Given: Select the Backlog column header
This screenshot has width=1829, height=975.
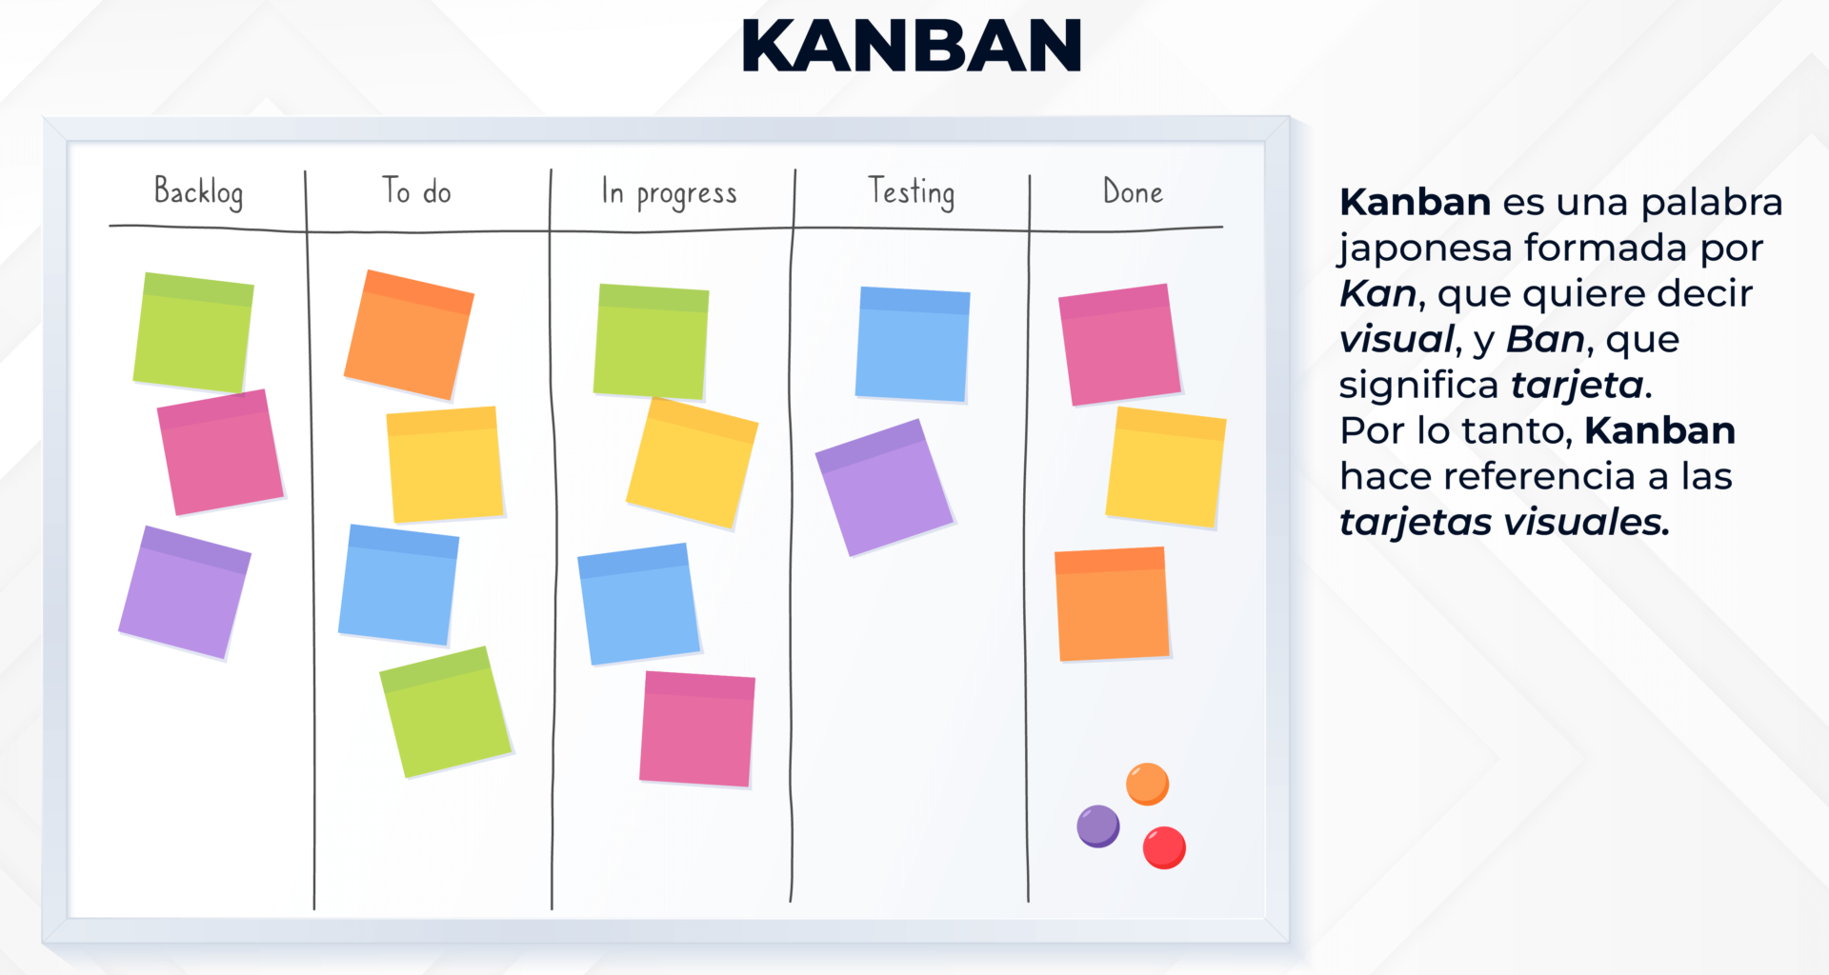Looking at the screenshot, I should (x=198, y=192).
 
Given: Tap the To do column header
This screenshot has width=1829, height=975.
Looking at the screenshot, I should (x=416, y=191).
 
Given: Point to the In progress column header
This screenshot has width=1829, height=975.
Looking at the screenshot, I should (x=669, y=193).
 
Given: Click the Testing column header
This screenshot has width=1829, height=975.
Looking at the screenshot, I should (x=911, y=192).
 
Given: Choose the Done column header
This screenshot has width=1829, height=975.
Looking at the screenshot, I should (x=1133, y=192).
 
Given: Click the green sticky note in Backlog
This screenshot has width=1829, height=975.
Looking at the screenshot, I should (x=193, y=332).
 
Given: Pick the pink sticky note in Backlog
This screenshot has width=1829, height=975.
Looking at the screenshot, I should (x=220, y=452).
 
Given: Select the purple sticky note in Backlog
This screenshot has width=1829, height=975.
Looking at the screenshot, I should (x=184, y=591).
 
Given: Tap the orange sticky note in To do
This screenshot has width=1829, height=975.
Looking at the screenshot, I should (x=409, y=334).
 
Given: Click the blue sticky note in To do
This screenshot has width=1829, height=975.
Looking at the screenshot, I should (x=398, y=584).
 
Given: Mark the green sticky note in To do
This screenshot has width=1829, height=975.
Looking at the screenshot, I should (x=445, y=711).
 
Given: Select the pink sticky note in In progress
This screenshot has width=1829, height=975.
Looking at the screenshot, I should (x=697, y=729).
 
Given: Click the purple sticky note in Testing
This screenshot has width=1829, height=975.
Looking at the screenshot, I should (x=884, y=487).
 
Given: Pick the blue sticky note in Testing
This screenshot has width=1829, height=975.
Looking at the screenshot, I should (x=912, y=344).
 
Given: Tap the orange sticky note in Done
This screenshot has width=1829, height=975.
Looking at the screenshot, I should (x=1112, y=604).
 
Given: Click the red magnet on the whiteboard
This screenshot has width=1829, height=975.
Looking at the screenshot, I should (x=1164, y=847).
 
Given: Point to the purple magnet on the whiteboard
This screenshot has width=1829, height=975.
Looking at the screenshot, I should (x=1098, y=826).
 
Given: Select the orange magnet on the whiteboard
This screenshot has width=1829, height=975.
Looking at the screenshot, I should (x=1147, y=784).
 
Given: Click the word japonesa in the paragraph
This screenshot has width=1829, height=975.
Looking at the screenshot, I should (x=1425, y=249).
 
